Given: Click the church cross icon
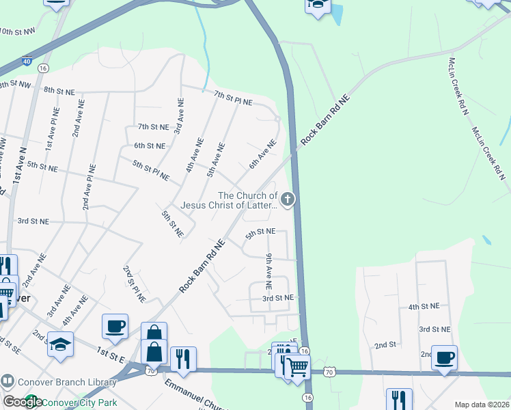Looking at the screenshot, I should click(288, 200).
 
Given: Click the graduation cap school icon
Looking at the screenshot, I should click(60, 346).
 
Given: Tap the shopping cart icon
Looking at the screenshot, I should click(296, 367).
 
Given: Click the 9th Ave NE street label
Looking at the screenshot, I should click(269, 270).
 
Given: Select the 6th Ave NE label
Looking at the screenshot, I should click(262, 154).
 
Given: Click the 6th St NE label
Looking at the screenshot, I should click(150, 146).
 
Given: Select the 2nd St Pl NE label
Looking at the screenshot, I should click(135, 284).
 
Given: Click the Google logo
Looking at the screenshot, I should click(22, 402).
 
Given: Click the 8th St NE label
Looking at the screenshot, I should click(59, 90).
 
